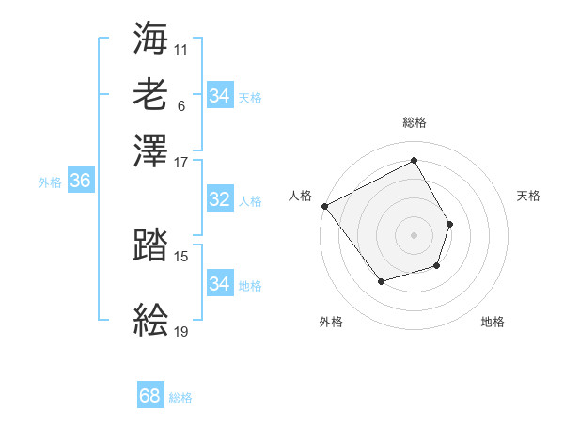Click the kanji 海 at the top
click(151, 38)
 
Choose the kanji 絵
click(151, 320)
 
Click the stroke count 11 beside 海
click(181, 47)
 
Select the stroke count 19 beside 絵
click(181, 332)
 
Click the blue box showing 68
click(150, 396)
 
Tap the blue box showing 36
click(80, 182)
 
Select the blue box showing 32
click(219, 199)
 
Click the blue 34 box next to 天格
click(219, 96)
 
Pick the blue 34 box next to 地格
click(219, 284)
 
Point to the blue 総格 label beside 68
click(180, 398)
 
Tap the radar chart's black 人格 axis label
click(300, 196)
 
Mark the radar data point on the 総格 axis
click(414, 161)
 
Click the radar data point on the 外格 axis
click(381, 281)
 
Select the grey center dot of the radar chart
click(414, 234)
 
